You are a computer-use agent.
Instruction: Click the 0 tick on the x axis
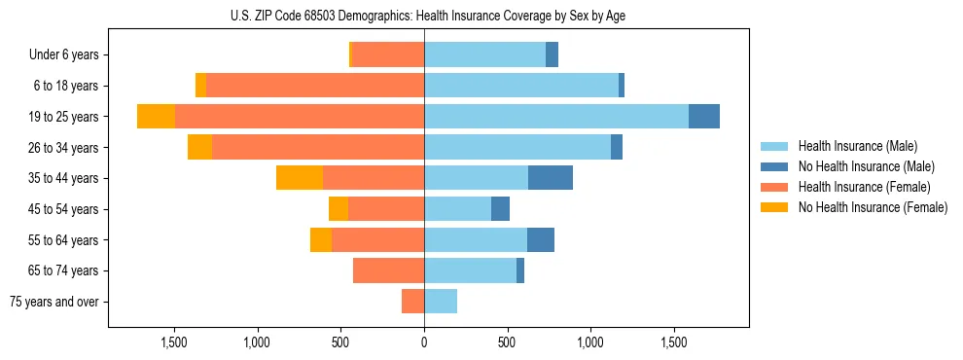(x=424, y=343)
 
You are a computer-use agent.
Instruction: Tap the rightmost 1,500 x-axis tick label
(x=674, y=343)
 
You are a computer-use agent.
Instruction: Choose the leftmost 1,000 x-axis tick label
(x=257, y=343)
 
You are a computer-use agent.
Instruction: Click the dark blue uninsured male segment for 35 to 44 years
(x=551, y=178)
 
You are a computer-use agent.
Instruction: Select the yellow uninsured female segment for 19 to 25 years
(x=156, y=117)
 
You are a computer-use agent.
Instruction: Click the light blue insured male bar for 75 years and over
(x=441, y=302)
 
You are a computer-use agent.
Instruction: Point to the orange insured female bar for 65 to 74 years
(x=388, y=270)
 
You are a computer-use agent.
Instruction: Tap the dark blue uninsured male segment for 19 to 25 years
(x=704, y=117)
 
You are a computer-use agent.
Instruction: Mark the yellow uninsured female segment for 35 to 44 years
(x=300, y=178)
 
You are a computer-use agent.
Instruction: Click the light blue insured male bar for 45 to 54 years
(x=457, y=209)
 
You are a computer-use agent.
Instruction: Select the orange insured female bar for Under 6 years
(x=387, y=55)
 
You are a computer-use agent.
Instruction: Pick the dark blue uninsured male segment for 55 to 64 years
(x=541, y=240)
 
